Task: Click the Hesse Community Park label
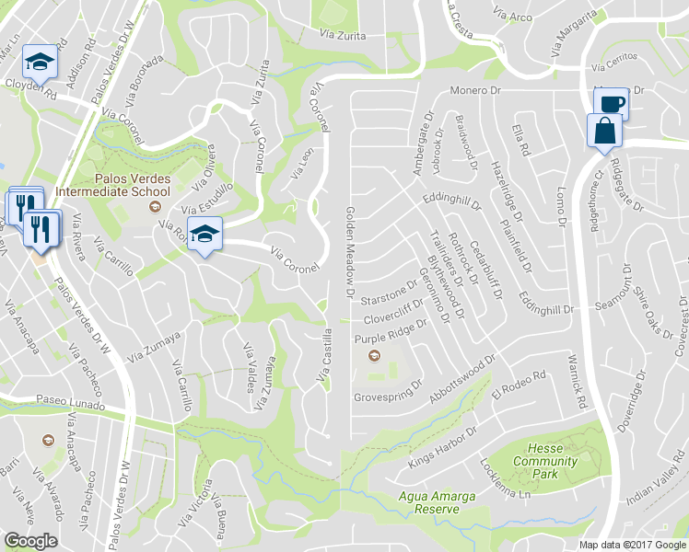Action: (x=546, y=461)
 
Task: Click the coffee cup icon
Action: (x=612, y=103)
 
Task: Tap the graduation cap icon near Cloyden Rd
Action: (x=39, y=63)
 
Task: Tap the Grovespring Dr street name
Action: (x=388, y=397)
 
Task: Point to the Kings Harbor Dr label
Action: (x=443, y=443)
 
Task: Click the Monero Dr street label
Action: (x=473, y=91)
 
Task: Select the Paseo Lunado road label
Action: (x=65, y=402)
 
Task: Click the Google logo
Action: (x=30, y=541)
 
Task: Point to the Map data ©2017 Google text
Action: (x=632, y=545)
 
